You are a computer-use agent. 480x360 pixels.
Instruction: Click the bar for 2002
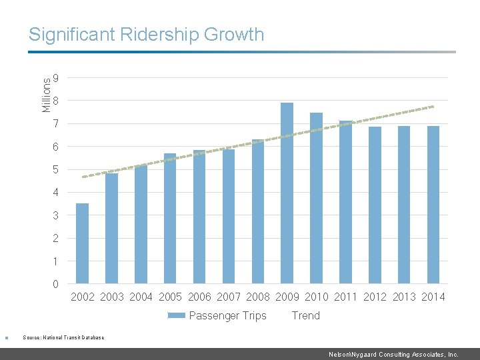pyautogui.click(x=82, y=243)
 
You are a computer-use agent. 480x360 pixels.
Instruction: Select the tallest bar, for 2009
pyautogui.click(x=287, y=193)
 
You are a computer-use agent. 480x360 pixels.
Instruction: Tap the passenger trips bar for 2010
pyautogui.click(x=316, y=198)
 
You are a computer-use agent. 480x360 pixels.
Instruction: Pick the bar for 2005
pyautogui.click(x=170, y=219)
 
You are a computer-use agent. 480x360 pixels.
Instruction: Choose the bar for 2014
pyautogui.click(x=433, y=205)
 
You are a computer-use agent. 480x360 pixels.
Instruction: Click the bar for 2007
pyautogui.click(x=229, y=217)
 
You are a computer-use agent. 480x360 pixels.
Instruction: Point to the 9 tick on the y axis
pyautogui.click(x=55, y=79)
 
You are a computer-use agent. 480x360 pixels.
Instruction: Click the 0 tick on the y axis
pyautogui.click(x=55, y=285)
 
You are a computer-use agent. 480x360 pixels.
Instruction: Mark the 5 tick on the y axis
pyautogui.click(x=55, y=170)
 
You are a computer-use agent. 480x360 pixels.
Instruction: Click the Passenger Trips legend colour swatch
pyautogui.click(x=176, y=316)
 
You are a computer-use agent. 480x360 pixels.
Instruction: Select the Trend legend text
pyautogui.click(x=305, y=316)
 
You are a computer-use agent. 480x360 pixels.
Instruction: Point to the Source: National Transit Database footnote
pyautogui.click(x=63, y=337)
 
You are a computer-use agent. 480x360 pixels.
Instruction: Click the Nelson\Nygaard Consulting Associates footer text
pyautogui.click(x=393, y=355)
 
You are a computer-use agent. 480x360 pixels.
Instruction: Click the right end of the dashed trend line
pyautogui.click(x=433, y=107)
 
